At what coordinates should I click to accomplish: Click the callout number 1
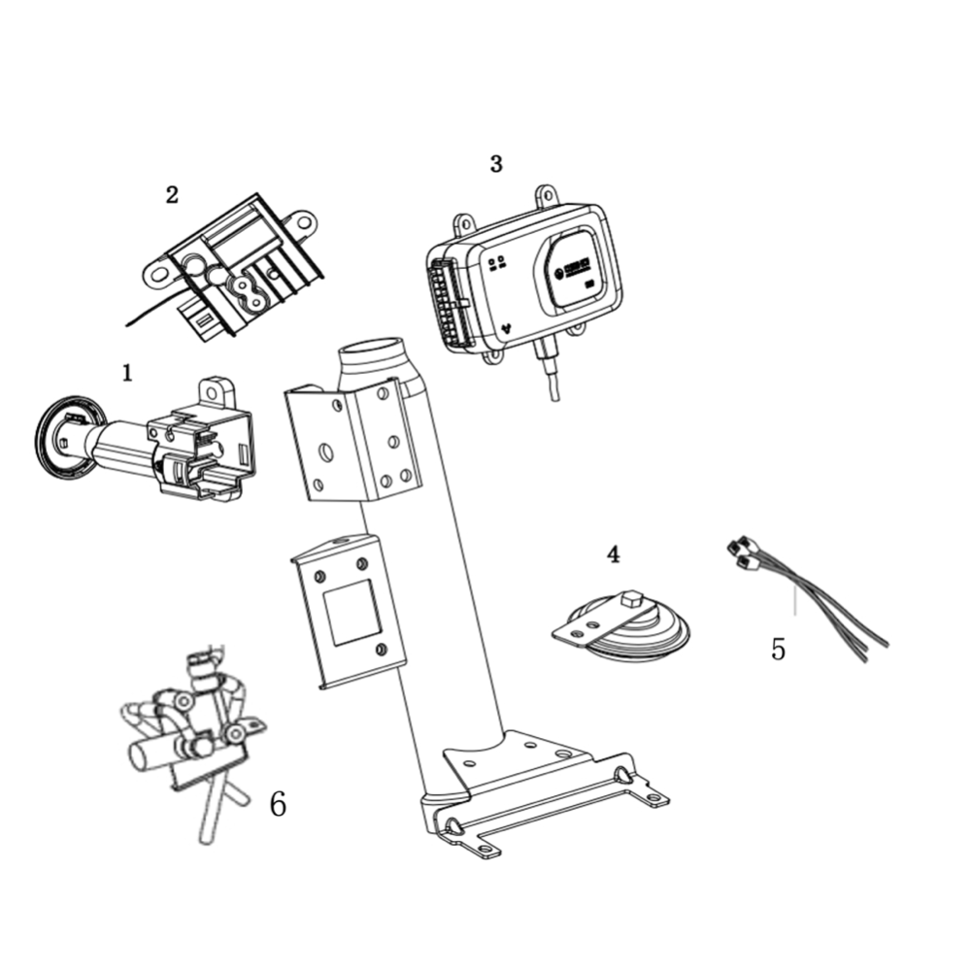tap(127, 372)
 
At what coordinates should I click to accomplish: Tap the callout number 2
tap(172, 194)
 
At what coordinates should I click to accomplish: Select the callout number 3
tap(496, 163)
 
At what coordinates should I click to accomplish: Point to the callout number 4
tap(613, 554)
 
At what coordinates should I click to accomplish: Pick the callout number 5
tap(778, 649)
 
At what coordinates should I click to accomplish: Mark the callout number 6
tap(278, 804)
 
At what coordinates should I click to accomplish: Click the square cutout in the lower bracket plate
tap(351, 614)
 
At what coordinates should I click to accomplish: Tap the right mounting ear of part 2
tap(303, 224)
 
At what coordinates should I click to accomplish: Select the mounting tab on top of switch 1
tap(218, 393)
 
